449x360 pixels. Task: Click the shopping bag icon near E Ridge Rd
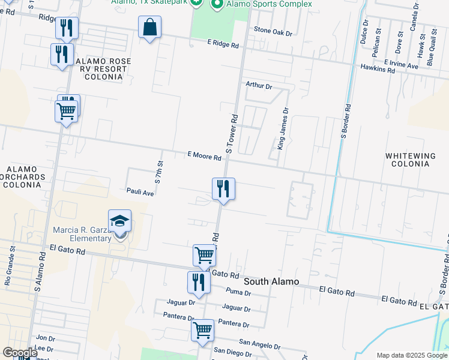click(x=149, y=28)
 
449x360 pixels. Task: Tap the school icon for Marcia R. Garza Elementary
click(x=119, y=221)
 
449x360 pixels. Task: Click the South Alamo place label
click(x=271, y=281)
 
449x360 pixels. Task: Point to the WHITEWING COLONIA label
click(x=410, y=160)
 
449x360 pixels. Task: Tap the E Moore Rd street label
click(x=205, y=155)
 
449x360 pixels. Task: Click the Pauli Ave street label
click(x=140, y=193)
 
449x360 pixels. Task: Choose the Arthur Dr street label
click(x=259, y=86)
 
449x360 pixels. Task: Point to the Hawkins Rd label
click(x=378, y=70)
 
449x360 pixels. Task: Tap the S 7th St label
click(x=160, y=172)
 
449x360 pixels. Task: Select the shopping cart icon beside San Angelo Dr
click(x=203, y=329)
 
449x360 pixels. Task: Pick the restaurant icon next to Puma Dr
click(x=199, y=282)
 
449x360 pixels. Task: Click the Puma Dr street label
click(x=238, y=293)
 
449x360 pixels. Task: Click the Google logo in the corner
click(x=20, y=353)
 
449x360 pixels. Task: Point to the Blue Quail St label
click(x=430, y=50)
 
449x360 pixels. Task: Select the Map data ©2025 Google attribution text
click(x=411, y=355)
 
